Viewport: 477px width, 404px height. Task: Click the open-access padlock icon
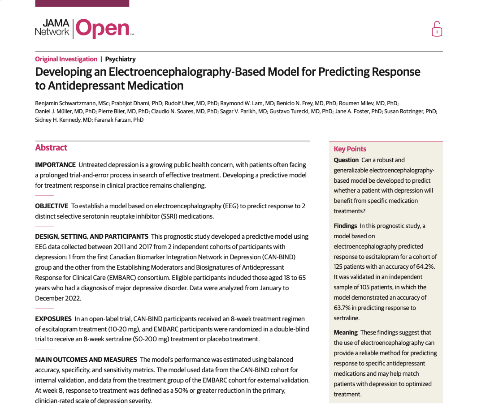[x=437, y=29]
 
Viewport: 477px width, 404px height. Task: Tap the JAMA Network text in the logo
[x=52, y=27]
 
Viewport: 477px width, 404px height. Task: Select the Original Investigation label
[x=66, y=59]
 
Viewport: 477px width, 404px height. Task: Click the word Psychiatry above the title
[x=120, y=59]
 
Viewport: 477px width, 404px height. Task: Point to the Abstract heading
[x=51, y=148]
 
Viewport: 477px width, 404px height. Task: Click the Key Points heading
[x=350, y=149]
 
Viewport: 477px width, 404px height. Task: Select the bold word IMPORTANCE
[x=55, y=165]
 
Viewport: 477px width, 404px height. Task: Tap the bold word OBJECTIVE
[x=52, y=206]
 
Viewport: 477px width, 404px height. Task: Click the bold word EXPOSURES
[x=53, y=319]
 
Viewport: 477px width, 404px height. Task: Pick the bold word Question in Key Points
[x=346, y=160]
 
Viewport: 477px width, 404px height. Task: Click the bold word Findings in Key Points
[x=345, y=226]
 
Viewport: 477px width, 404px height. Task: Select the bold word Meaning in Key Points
[x=346, y=332]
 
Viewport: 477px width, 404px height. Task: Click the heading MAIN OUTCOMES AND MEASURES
[x=86, y=360]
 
